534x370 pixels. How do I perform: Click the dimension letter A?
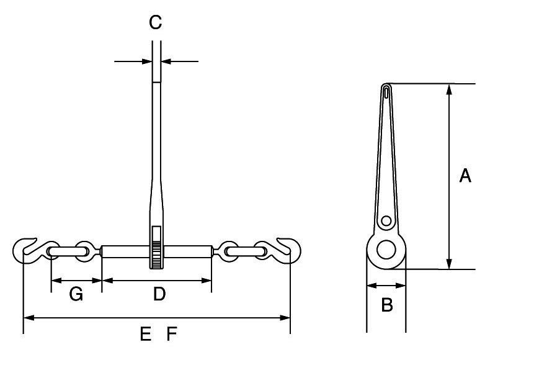tap(465, 176)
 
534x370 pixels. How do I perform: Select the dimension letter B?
tap(386, 305)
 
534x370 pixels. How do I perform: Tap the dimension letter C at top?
tap(155, 23)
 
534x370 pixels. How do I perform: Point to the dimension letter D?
tap(159, 294)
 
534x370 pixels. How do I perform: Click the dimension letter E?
tap(146, 335)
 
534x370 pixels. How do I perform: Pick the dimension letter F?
tap(172, 335)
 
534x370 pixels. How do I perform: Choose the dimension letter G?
tap(76, 294)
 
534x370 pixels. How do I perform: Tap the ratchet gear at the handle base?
tap(156, 255)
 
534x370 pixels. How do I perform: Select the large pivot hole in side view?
tap(386, 249)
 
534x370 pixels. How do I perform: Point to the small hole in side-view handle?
tap(386, 220)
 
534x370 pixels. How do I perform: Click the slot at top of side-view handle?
tap(386, 93)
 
